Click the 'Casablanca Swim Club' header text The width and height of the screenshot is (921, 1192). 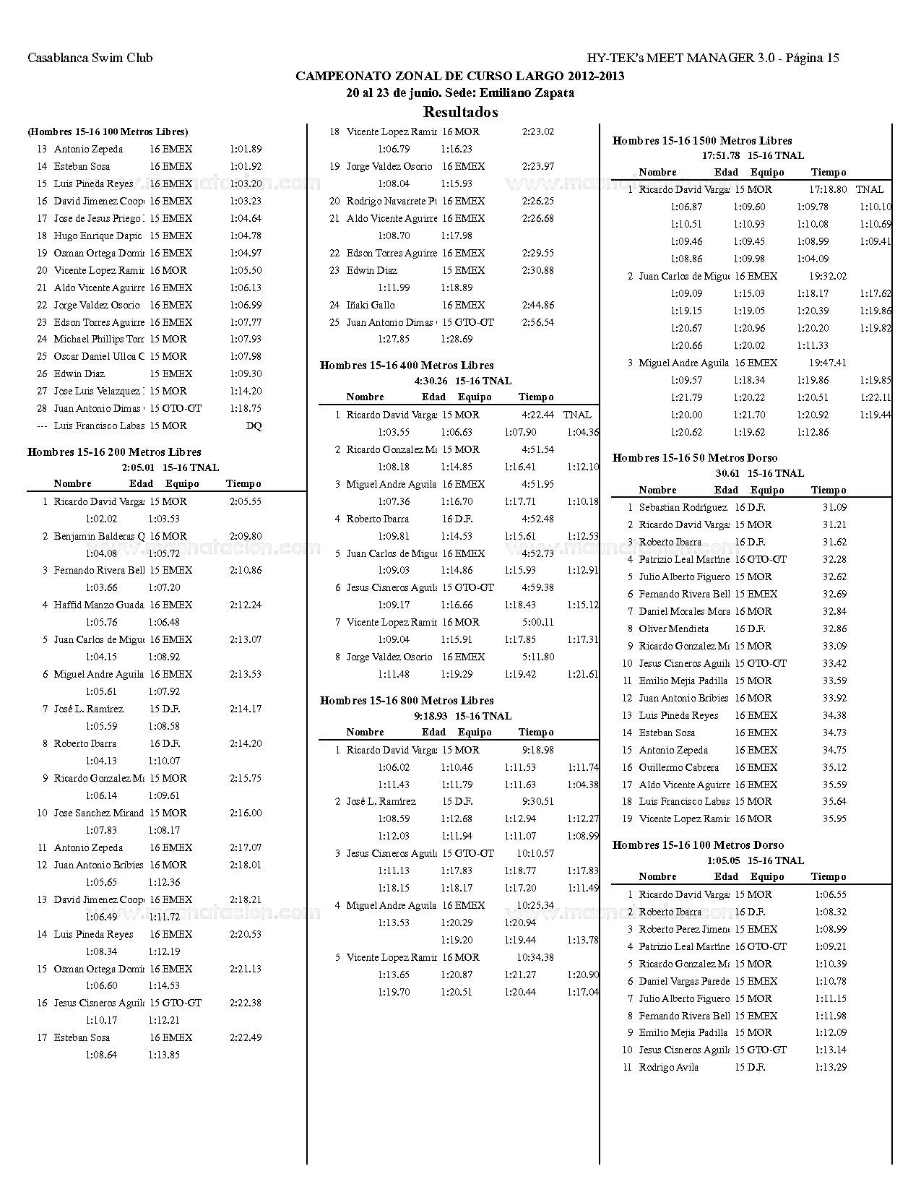tap(90, 59)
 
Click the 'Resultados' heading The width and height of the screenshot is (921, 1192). tap(460, 112)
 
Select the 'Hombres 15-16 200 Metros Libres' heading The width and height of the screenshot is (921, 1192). tap(114, 452)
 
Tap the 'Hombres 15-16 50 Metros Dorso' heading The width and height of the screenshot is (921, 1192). tap(695, 458)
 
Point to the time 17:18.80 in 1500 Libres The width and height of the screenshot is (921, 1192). tap(827, 189)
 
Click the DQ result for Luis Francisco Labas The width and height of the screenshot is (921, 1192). tap(254, 426)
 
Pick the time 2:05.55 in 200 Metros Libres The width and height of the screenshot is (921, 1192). tap(246, 501)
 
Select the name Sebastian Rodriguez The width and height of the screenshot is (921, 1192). tap(683, 508)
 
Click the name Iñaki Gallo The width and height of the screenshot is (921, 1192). tap(371, 305)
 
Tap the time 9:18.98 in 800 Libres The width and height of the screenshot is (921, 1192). tap(537, 750)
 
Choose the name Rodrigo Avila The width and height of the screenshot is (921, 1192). tap(668, 1068)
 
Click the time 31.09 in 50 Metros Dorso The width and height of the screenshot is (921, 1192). tap(834, 508)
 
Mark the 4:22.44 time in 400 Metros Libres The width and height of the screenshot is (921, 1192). tap(537, 415)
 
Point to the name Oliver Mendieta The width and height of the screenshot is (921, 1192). tap(673, 629)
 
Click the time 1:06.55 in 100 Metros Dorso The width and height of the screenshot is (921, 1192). tap(831, 894)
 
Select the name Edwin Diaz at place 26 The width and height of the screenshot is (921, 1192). tap(79, 373)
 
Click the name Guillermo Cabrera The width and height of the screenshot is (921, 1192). tap(678, 767)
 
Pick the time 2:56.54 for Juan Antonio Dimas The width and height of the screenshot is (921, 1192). tap(537, 322)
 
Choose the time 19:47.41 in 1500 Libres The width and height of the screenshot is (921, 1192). tap(827, 363)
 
